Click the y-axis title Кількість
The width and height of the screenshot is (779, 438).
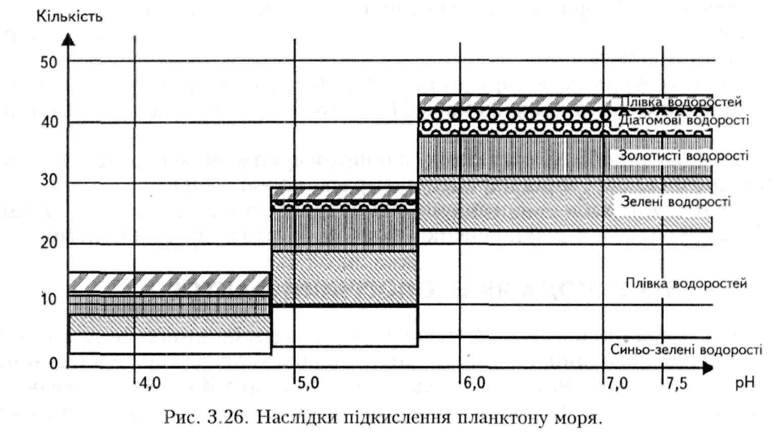69,16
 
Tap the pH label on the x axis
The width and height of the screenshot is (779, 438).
744,382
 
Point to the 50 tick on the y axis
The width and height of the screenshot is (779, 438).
49,63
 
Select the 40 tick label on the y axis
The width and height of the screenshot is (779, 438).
49,122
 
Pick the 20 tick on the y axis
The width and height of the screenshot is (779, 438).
49,243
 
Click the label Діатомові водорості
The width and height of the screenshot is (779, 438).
684,121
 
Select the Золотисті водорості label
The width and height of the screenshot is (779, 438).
683,156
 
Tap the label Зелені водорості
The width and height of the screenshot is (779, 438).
675,202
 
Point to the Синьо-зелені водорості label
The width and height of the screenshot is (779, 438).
686,350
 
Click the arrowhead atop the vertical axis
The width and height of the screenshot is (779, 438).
69,38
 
